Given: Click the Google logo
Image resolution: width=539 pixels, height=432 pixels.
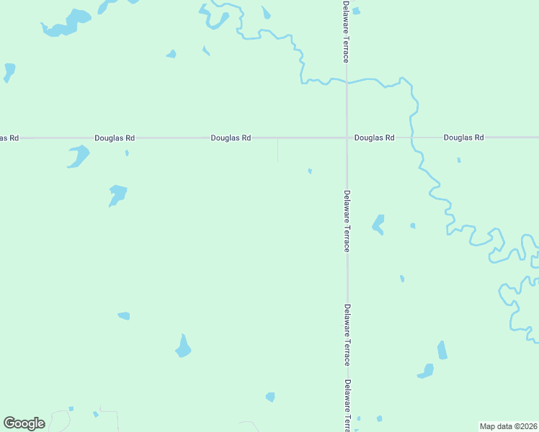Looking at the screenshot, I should tap(24, 423).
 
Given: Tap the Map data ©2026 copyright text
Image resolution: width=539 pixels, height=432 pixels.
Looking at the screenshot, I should tap(509, 426).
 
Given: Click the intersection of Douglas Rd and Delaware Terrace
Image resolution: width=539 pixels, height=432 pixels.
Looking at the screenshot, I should tap(347, 137).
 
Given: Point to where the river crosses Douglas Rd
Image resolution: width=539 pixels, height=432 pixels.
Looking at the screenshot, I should tap(412, 137).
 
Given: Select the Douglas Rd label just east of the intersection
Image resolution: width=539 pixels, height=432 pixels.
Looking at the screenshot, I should tap(375, 137).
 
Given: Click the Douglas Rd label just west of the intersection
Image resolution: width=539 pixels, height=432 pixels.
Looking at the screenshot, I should tap(231, 137).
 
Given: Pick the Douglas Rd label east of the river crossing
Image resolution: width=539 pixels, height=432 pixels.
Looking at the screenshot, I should tap(463, 137).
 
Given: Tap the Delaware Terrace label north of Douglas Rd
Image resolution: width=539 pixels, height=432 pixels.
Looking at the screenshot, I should tap(347, 31).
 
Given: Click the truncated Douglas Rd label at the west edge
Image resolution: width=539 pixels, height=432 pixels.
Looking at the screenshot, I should tap(9, 137).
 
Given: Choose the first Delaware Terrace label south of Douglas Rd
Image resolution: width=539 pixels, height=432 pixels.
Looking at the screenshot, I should tap(347, 220).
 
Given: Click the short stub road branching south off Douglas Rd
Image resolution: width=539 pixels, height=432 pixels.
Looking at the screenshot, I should tap(278, 150).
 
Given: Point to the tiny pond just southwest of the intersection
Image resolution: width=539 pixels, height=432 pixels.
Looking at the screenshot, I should tap(310, 171).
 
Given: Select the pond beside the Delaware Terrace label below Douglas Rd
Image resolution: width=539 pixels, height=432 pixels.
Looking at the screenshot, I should tap(378, 225).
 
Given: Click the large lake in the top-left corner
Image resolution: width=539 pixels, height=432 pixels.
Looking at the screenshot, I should tap(69, 22).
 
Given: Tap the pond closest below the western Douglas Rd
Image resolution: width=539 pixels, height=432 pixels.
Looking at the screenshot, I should tap(78, 156).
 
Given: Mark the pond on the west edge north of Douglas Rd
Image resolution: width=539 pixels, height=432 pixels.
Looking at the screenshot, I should tap(9, 71).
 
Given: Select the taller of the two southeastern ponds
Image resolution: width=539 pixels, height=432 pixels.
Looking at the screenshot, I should tap(442, 350).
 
